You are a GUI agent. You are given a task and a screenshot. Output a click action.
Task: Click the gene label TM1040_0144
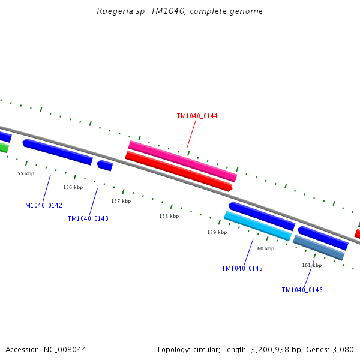point(197,116)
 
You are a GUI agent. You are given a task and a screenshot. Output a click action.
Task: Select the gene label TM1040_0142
point(41,205)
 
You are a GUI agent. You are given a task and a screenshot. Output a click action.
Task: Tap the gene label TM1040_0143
point(88,218)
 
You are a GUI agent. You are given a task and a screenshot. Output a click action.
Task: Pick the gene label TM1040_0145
point(242,268)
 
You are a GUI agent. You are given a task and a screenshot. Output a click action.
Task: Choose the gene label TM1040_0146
point(302,290)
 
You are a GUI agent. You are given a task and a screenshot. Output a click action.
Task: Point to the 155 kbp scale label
point(25,173)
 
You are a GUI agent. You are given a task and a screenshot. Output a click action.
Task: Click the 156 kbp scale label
point(73,187)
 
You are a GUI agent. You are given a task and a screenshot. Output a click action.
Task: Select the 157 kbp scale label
point(121,201)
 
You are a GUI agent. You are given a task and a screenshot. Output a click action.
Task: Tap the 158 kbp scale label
point(169,216)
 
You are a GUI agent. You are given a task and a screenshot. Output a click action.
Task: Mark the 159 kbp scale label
point(217,232)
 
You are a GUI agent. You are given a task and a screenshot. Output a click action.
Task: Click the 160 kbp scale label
point(264,248)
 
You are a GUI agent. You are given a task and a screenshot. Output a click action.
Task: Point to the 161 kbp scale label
point(311,265)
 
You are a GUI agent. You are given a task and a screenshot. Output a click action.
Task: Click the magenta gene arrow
point(182,161)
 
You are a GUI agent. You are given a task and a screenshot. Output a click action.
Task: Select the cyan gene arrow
point(257,226)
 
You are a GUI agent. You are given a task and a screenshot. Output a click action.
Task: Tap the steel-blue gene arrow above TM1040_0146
point(319,248)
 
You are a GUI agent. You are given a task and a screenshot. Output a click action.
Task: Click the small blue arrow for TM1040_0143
point(105,165)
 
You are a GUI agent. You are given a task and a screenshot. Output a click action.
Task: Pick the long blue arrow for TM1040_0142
point(58,152)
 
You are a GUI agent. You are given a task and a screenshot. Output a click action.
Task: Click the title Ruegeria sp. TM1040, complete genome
point(179,11)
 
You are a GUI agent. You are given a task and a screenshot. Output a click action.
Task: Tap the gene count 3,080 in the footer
point(343,349)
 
